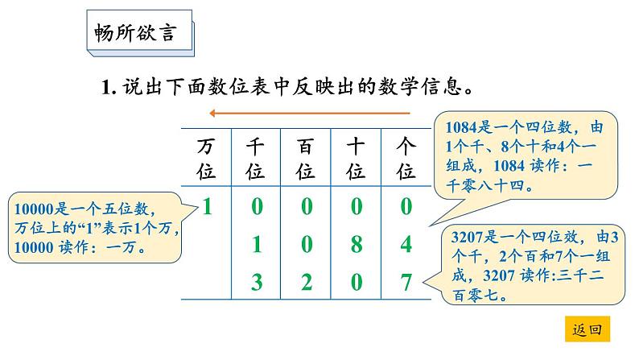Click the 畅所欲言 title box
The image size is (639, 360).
coord(139,36)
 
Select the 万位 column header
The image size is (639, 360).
coord(207,159)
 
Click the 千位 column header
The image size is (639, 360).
coord(256,159)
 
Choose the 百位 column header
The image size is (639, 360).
coord(306,159)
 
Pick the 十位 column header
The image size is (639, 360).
coord(356,159)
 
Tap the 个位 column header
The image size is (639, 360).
coord(406,159)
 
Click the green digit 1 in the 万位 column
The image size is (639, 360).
coord(207,207)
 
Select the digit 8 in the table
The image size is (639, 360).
coord(356,245)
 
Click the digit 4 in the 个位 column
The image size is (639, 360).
coord(406,245)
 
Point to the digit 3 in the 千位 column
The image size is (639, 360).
coord(257,283)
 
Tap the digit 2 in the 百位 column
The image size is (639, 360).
coord(306,283)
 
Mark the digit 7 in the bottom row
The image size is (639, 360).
coord(406,283)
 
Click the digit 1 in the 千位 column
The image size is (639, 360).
coord(257,245)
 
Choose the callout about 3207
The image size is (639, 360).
coord(533,265)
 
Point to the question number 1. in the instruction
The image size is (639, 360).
coord(109,86)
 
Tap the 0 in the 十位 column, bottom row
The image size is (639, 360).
coord(356,283)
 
